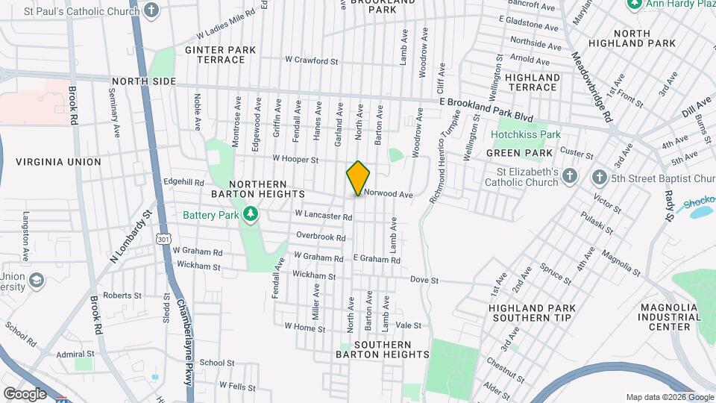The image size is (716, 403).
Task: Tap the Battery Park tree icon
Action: tap(251, 215)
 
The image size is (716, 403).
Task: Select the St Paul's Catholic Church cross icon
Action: tap(152, 11)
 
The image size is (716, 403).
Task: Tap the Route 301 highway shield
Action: tap(163, 239)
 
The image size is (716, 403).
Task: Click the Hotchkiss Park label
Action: tap(525, 134)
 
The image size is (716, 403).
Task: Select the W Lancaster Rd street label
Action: tap(323, 215)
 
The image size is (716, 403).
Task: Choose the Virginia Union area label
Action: tap(58, 161)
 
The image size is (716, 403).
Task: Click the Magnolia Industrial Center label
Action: tap(671, 317)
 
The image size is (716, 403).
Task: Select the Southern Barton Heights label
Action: tap(382, 349)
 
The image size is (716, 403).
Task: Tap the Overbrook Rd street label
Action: tap(321, 237)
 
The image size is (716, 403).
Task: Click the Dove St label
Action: tap(423, 280)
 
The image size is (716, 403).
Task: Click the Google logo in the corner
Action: tap(25, 393)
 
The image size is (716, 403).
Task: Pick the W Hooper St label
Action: tap(295, 159)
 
